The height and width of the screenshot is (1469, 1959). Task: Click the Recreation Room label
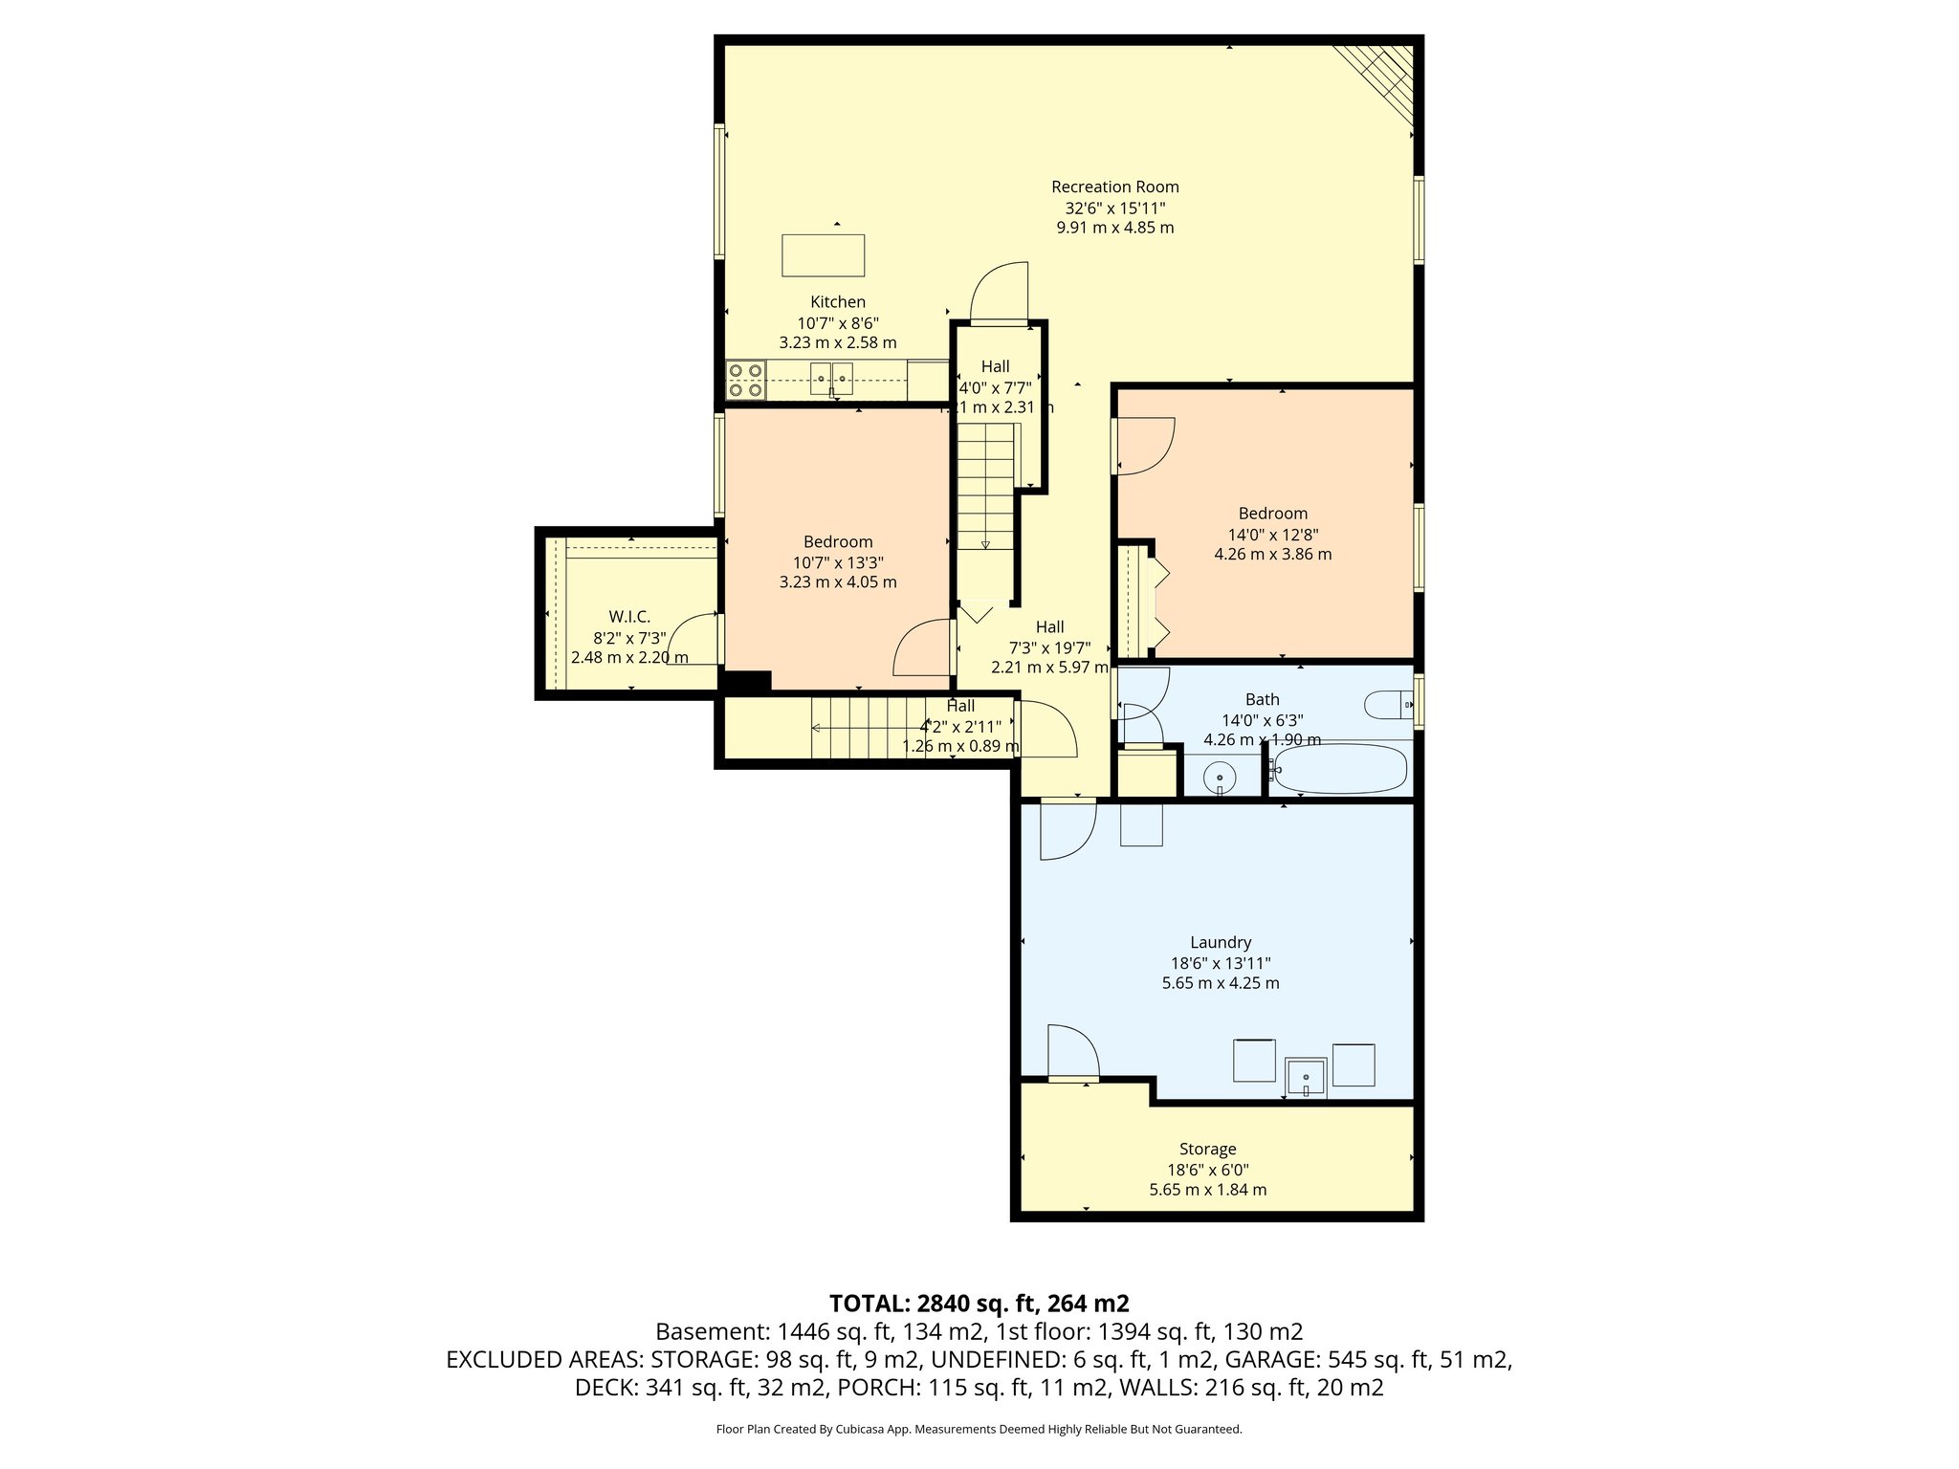(x=1114, y=187)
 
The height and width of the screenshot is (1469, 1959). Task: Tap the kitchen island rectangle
(x=823, y=255)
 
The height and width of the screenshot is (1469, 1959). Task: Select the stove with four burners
(x=745, y=380)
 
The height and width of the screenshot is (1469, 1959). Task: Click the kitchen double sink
(x=831, y=379)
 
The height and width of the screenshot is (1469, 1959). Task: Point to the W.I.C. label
(x=629, y=617)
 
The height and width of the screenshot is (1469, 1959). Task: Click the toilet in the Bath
(x=1388, y=705)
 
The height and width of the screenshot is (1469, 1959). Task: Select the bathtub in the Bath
(x=1340, y=769)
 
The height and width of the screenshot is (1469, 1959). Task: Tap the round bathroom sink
(x=1220, y=776)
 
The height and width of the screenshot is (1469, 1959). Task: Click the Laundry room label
(x=1221, y=942)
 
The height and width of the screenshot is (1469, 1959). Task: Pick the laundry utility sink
(x=1306, y=1078)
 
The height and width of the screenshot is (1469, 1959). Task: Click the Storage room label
(x=1207, y=1149)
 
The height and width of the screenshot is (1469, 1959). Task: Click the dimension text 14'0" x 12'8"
(x=1272, y=535)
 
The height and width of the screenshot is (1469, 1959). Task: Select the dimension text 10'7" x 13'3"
(x=838, y=562)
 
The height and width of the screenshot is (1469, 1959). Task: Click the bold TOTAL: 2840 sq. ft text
(x=979, y=1303)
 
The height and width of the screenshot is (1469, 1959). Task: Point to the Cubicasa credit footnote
(x=979, y=1429)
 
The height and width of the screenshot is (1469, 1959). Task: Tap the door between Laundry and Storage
(x=1072, y=1052)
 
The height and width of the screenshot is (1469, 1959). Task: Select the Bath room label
(x=1262, y=699)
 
